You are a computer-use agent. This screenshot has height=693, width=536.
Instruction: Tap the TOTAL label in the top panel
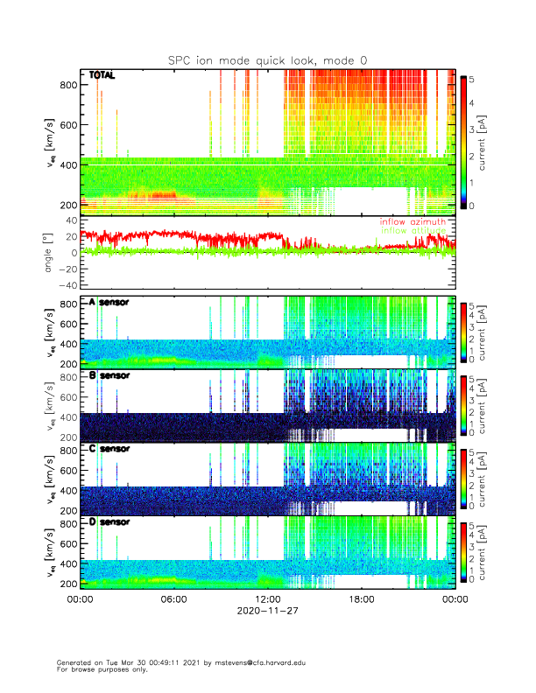coord(102,76)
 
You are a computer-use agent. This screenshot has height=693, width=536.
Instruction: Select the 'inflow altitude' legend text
coord(413,230)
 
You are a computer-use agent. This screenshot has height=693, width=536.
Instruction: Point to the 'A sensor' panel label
coord(109,303)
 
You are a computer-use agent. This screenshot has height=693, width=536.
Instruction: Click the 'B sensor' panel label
coord(109,376)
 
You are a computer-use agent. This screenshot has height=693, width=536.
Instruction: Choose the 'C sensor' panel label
coord(109,449)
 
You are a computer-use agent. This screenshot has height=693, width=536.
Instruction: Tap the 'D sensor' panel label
coord(109,522)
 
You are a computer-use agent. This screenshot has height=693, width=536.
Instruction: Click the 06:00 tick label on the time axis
coord(173,600)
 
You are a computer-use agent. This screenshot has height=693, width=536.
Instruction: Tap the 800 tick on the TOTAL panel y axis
coord(67,85)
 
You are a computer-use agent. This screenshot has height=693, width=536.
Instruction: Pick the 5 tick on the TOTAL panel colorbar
coord(472,79)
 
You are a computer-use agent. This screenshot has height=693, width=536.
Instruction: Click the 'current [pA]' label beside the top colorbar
coord(497,140)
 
